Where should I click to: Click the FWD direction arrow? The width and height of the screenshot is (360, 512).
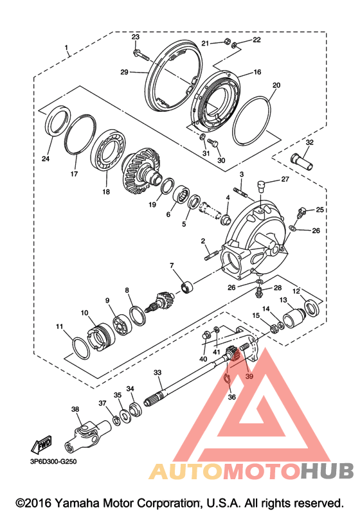pos(41,445)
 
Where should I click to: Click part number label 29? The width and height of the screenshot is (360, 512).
pos(124,72)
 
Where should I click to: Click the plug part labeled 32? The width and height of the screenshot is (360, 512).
pos(301,162)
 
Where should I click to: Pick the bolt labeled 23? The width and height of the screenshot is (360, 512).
pos(141,56)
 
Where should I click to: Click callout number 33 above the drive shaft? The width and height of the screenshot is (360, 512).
pos(157,373)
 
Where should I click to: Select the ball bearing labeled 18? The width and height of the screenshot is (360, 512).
pos(108,150)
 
